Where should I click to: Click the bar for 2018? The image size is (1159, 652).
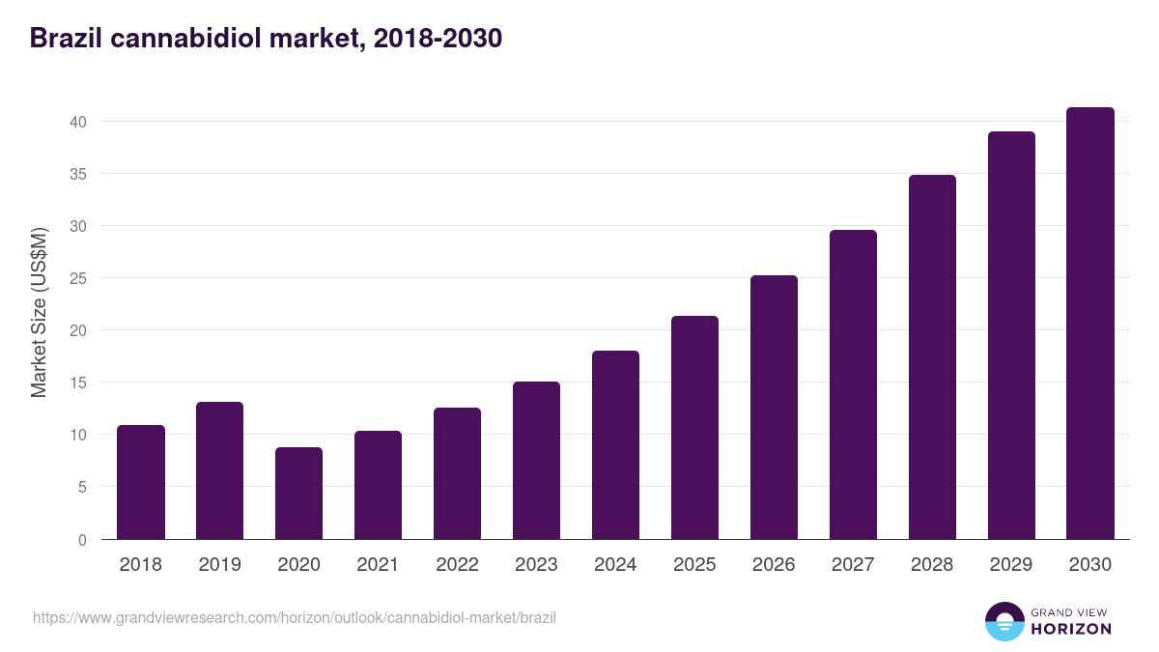click(141, 482)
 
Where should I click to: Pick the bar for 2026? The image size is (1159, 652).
click(774, 407)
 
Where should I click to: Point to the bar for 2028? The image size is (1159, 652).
click(932, 356)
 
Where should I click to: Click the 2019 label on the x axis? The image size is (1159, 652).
click(220, 565)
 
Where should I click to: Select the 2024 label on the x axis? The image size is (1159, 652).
click(615, 565)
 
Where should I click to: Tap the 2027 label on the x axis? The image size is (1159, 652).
click(853, 565)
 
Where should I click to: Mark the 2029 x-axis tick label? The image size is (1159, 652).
click(1011, 565)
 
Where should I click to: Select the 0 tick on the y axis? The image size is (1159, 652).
click(83, 539)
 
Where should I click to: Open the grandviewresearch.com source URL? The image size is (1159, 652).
click(295, 617)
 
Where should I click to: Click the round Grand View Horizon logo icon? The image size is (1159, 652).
click(1004, 621)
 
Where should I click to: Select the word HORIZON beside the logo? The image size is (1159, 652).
click(1071, 629)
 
